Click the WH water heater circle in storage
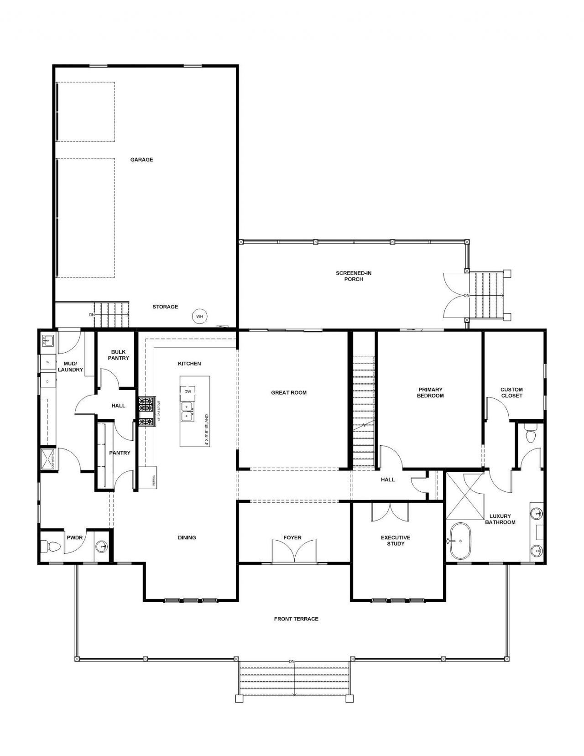point(199,316)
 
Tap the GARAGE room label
point(141,160)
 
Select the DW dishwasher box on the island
point(188,391)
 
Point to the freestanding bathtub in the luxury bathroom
point(460,541)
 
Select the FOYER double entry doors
point(294,551)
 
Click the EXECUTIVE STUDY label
point(396,541)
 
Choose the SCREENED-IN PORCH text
point(354,276)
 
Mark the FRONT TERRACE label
point(296,619)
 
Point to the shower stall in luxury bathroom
point(464,496)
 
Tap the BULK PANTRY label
point(118,355)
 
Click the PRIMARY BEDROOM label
point(430,392)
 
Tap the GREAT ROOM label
point(289,392)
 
